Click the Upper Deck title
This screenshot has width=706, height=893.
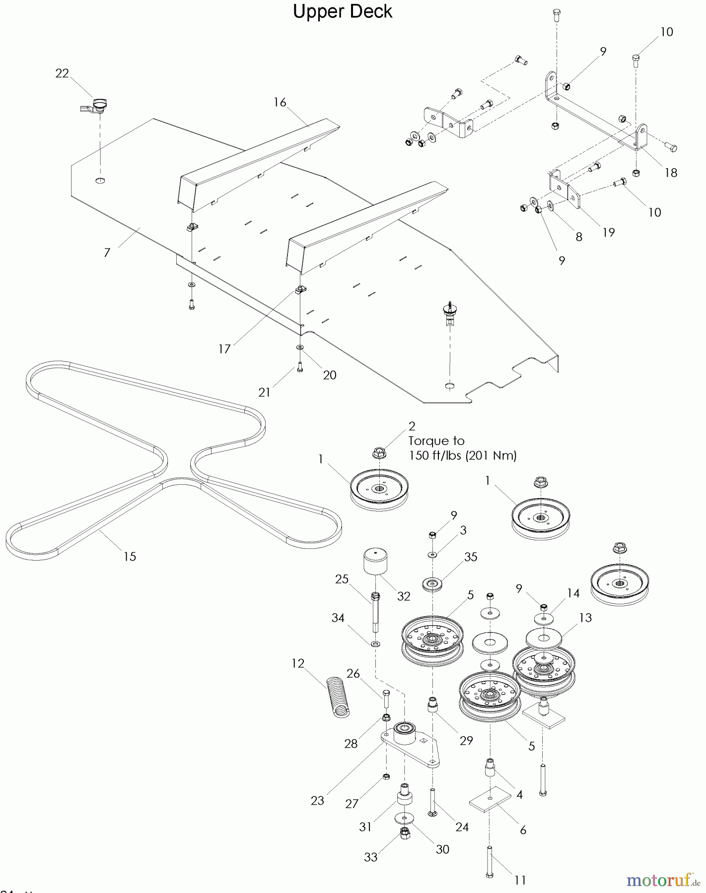coord(342,12)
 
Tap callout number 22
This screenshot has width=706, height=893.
coord(62,73)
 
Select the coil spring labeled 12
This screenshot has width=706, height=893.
coord(338,698)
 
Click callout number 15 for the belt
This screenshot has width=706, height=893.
coord(130,557)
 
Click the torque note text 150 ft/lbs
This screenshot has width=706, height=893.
coord(462,455)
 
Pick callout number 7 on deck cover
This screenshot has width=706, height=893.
coord(107,253)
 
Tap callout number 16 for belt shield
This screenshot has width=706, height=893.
coord(280,102)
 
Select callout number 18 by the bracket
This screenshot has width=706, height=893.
coord(671,173)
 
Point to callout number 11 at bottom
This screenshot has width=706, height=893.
coord(520,880)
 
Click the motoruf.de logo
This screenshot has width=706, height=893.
coord(660,881)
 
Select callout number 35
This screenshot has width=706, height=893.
coord(470,557)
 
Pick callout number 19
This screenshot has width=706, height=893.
coord(608,232)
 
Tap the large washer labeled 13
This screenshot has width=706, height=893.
coord(544,638)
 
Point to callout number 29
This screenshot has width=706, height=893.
coord(466,740)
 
